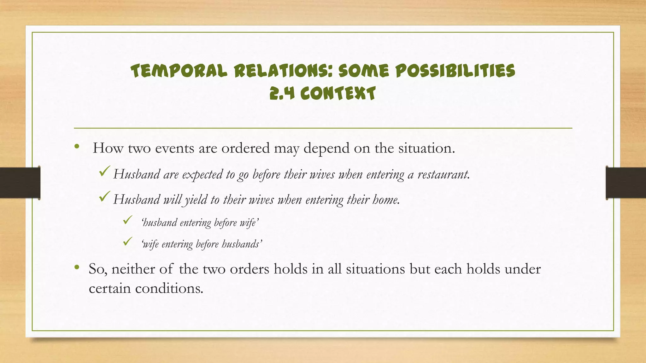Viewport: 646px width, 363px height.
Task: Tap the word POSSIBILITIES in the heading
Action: pyautogui.click(x=455, y=71)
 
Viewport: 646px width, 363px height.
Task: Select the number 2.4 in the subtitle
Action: pyautogui.click(x=282, y=94)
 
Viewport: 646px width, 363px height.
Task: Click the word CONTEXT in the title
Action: pyautogui.click(x=338, y=94)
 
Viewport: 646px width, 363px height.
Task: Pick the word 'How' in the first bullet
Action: pyautogui.click(x=108, y=148)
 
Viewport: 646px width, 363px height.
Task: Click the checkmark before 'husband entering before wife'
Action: pyautogui.click(x=127, y=220)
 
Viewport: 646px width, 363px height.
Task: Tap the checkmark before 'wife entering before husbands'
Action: pyautogui.click(x=127, y=242)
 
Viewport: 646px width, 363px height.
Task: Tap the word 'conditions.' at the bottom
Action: pyautogui.click(x=169, y=288)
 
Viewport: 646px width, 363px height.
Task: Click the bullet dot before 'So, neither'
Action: pyautogui.click(x=77, y=268)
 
